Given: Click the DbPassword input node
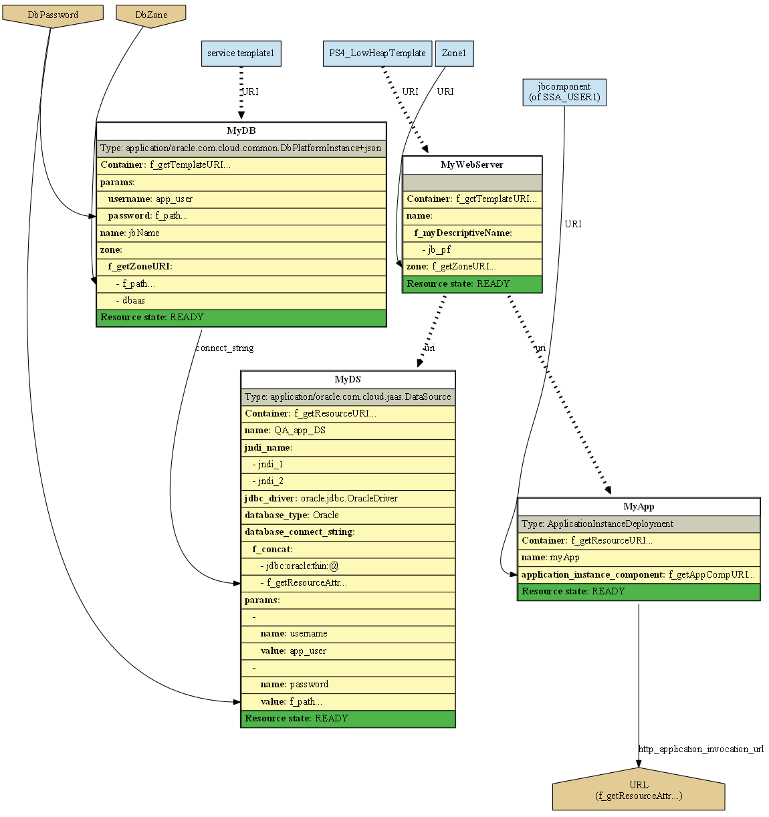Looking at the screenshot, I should pyautogui.click(x=53, y=15).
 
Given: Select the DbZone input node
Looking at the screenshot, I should pyautogui.click(x=151, y=15).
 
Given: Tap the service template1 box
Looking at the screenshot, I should pyautogui.click(x=241, y=53).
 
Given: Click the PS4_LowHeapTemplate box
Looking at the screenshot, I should pyautogui.click(x=377, y=53).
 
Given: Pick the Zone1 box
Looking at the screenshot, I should pyautogui.click(x=454, y=53).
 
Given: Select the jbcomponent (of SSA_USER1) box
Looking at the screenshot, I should pyautogui.click(x=564, y=92).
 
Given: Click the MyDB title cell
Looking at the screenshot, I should pyautogui.click(x=241, y=131).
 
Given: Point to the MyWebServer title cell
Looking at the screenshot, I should pyautogui.click(x=471, y=165).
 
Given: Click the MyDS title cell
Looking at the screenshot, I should pyautogui.click(x=348, y=380).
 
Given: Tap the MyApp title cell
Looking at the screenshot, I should pyautogui.click(x=639, y=507).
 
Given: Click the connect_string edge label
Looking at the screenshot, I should pyautogui.click(x=224, y=348).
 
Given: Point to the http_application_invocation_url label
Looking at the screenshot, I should pyautogui.click(x=701, y=749).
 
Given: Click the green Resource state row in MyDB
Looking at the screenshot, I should pyautogui.click(x=241, y=318).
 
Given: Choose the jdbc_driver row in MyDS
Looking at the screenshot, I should pyautogui.click(x=348, y=498).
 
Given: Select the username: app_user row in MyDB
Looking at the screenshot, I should pyautogui.click(x=241, y=199).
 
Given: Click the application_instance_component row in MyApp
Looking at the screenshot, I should pyautogui.click(x=639, y=574).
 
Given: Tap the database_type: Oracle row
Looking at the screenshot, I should pyautogui.click(x=348, y=515).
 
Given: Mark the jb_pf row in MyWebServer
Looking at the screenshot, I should pyautogui.click(x=471, y=250).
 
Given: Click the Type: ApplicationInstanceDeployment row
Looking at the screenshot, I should pyautogui.click(x=639, y=524).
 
